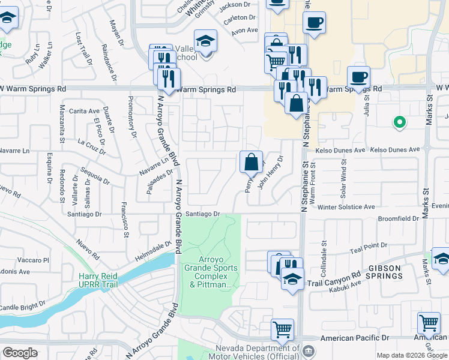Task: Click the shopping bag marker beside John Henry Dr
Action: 251,162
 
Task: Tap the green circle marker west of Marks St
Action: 399,122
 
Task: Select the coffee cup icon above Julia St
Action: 358,77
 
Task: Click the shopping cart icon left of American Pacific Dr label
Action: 282,329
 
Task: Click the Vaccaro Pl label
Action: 33,260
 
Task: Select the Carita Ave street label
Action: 84,111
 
